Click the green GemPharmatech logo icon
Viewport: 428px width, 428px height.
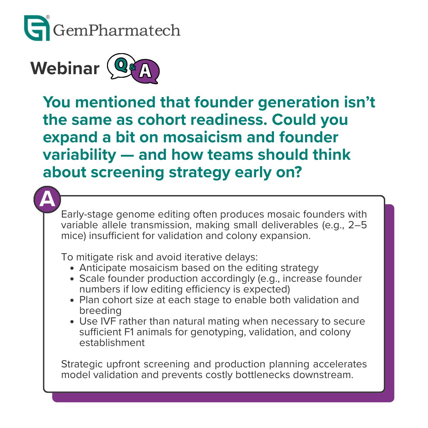point(37,28)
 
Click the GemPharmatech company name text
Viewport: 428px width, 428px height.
point(117,30)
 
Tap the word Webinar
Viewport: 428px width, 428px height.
point(65,68)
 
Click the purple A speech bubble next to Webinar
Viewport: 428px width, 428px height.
point(145,72)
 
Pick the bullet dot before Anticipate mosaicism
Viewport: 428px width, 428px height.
point(72,268)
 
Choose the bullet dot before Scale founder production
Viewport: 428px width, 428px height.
point(72,279)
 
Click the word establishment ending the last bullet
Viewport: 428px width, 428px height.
point(112,343)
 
